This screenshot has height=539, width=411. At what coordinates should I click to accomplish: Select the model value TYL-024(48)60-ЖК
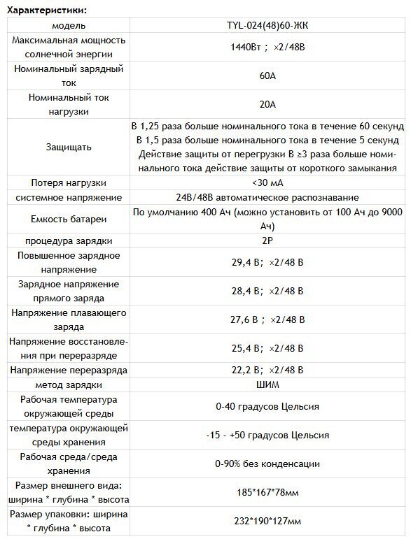267,26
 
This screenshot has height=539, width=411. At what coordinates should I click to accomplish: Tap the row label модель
68,26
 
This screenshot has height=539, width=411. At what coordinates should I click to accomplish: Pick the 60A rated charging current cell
267,76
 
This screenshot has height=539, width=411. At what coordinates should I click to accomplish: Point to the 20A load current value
267,104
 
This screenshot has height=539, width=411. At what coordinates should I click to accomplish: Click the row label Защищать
68,148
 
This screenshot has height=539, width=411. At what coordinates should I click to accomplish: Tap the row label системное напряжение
68,198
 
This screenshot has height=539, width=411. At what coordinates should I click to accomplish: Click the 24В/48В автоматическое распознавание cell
267,198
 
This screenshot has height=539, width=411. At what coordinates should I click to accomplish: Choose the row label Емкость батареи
68,220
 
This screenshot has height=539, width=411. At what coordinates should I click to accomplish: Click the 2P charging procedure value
267,241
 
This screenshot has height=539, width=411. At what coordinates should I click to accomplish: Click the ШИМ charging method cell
267,385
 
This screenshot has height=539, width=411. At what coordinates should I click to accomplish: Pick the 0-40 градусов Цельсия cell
267,406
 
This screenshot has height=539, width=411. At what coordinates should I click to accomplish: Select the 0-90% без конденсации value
267,463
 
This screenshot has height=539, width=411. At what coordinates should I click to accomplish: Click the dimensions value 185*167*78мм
267,492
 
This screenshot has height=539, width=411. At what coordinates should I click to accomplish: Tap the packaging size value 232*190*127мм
267,522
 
